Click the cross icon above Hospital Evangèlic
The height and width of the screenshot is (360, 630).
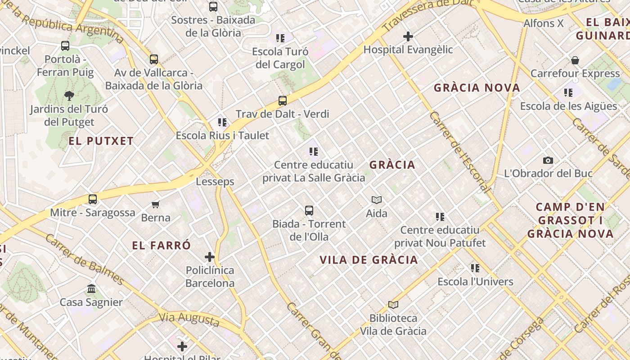(x=408, y=36)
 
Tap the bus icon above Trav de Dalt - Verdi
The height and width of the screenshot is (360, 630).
(x=283, y=101)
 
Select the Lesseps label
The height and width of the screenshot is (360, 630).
(x=215, y=182)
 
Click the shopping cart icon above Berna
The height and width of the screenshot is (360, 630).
(x=156, y=205)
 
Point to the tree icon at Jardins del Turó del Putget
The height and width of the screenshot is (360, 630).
(x=69, y=95)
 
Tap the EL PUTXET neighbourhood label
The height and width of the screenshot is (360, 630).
(x=101, y=141)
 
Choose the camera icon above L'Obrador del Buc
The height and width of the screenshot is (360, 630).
(x=548, y=160)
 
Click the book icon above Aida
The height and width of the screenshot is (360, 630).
(x=377, y=200)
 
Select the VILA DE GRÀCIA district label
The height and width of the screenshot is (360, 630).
(x=369, y=260)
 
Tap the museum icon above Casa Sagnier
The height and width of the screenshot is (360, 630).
(x=91, y=288)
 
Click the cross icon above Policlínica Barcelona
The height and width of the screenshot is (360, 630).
(x=210, y=257)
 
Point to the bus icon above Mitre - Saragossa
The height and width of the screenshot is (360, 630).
(x=93, y=199)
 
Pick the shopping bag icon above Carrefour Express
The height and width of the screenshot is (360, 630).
(x=575, y=60)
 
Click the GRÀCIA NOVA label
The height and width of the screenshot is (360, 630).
(x=477, y=88)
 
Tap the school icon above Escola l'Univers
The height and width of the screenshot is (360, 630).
(x=475, y=269)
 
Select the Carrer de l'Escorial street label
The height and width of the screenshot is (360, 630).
(x=459, y=152)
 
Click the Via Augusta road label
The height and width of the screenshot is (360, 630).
(x=189, y=319)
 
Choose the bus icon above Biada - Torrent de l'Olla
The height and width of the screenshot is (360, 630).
(x=309, y=210)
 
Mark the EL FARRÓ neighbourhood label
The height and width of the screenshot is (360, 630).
(x=162, y=246)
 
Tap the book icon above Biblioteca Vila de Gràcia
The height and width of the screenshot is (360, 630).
(x=393, y=305)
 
